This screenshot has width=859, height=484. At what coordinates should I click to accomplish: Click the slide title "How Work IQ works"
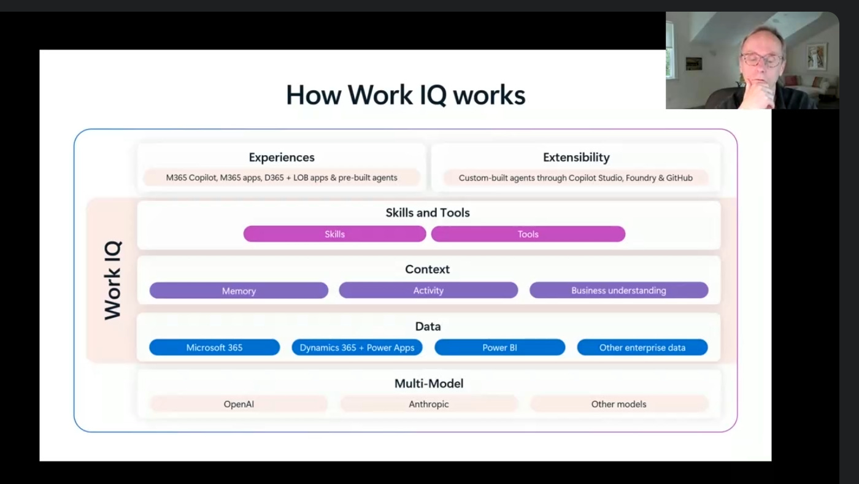pyautogui.click(x=406, y=95)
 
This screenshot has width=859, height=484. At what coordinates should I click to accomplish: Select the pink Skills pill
pyautogui.click(x=334, y=234)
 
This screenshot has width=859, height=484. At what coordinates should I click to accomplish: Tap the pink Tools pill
pyautogui.click(x=528, y=234)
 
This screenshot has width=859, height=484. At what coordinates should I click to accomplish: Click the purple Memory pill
pyautogui.click(x=239, y=291)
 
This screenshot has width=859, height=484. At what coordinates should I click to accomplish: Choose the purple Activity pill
pyautogui.click(x=428, y=290)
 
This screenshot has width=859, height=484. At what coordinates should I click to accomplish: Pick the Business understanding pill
pyautogui.click(x=618, y=290)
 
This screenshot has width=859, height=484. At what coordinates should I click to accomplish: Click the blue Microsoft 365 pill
pyautogui.click(x=214, y=347)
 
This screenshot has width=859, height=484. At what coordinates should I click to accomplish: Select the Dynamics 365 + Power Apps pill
pyautogui.click(x=357, y=347)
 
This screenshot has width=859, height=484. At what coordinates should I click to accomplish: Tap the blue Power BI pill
pyautogui.click(x=499, y=347)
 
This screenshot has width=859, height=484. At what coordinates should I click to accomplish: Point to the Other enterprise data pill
pyautogui.click(x=642, y=347)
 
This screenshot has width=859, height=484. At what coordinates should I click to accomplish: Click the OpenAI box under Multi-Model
pyautogui.click(x=239, y=404)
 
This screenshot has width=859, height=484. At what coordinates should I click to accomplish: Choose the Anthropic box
pyautogui.click(x=429, y=404)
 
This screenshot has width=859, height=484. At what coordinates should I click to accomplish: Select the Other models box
pyautogui.click(x=618, y=404)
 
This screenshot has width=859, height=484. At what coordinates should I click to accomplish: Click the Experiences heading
pyautogui.click(x=282, y=158)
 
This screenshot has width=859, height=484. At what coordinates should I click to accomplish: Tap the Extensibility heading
pyautogui.click(x=576, y=158)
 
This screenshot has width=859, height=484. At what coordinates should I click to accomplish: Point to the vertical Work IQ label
pyautogui.click(x=113, y=280)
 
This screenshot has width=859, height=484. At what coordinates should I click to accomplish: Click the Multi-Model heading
pyautogui.click(x=429, y=383)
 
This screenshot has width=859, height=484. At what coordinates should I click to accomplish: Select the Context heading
pyautogui.click(x=428, y=269)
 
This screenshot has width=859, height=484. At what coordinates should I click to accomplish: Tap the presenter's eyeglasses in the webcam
pyautogui.click(x=761, y=60)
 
